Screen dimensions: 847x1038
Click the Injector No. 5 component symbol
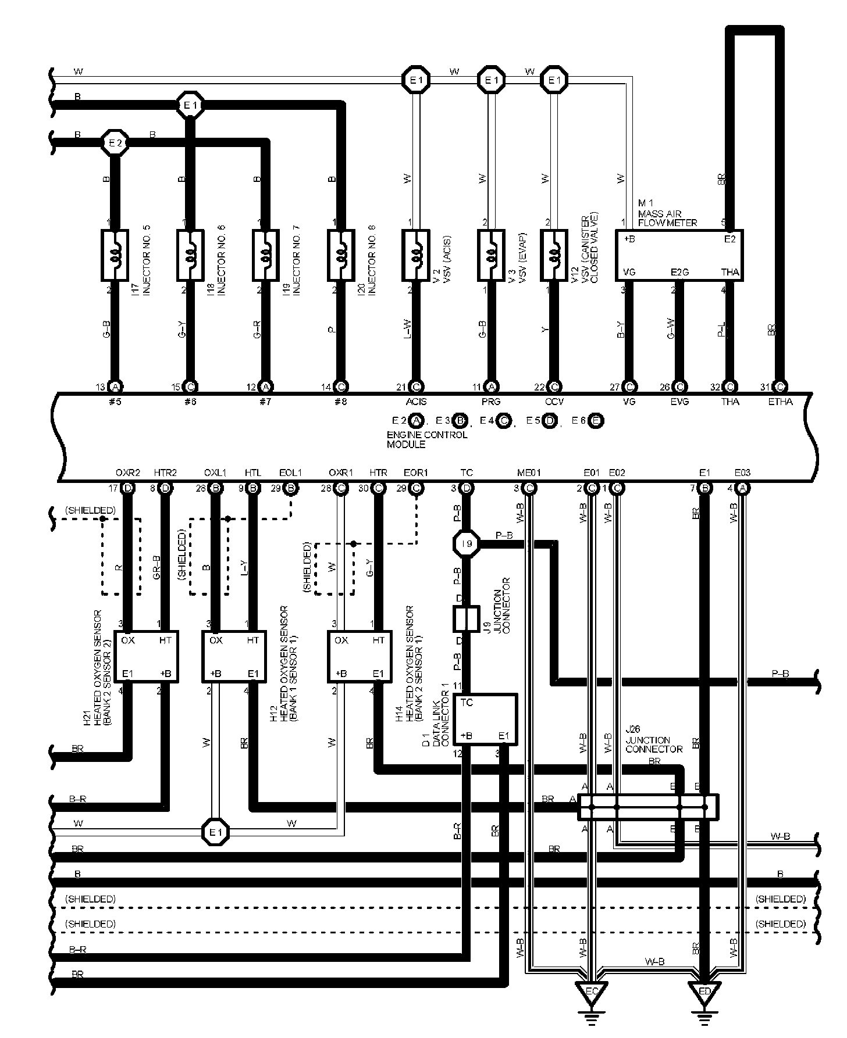click(x=115, y=255)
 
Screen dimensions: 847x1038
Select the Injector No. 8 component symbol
click(x=341, y=255)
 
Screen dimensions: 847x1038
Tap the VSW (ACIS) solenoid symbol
click(x=416, y=255)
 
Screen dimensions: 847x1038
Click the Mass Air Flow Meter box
click(x=679, y=255)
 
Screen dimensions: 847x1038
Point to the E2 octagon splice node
click(x=115, y=142)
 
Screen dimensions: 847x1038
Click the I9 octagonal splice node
click(x=467, y=545)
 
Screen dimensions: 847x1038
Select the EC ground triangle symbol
click(x=591, y=989)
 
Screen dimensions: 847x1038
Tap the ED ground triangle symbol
click(x=704, y=989)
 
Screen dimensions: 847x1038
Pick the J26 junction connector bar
click(x=648, y=807)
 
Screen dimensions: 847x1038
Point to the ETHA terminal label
click(x=781, y=401)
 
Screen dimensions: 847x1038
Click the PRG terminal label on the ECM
click(x=492, y=401)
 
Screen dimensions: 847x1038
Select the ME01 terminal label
click(x=529, y=473)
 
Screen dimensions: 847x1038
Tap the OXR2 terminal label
click(x=128, y=473)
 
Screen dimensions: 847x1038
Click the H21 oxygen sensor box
click(x=145, y=656)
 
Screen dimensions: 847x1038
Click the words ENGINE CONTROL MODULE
click(x=426, y=439)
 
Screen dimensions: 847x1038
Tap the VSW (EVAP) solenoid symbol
click(x=492, y=255)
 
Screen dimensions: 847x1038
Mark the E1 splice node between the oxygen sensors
click(x=216, y=832)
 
